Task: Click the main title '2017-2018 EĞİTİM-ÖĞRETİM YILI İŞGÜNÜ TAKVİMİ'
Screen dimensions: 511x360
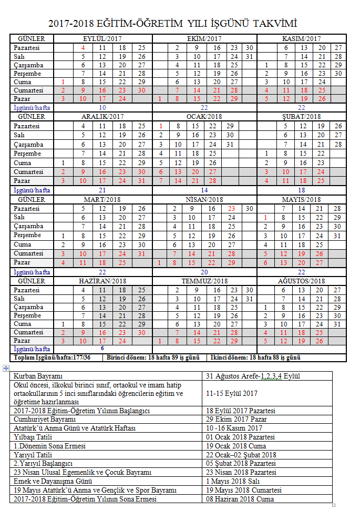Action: coord(180,23)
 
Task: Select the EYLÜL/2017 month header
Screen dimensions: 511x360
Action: coord(103,39)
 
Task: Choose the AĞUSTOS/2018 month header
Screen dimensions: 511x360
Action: coord(301,281)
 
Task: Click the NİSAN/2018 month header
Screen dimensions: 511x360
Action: coord(204,199)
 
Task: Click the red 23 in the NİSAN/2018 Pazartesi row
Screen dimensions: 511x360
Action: coord(232,208)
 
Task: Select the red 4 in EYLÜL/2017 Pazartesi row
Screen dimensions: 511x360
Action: coord(83,47)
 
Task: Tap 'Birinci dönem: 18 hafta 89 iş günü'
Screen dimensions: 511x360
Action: coord(153,357)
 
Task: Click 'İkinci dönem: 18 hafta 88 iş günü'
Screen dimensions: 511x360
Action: coord(256,357)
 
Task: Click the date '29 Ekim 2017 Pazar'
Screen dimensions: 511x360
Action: coord(236,419)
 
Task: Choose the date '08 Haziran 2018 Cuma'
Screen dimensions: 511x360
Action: coord(240,499)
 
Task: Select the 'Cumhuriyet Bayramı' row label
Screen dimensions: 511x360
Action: coord(45,419)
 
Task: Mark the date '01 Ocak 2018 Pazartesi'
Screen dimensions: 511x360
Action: coord(240,437)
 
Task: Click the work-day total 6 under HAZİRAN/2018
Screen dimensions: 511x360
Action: coord(102,348)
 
